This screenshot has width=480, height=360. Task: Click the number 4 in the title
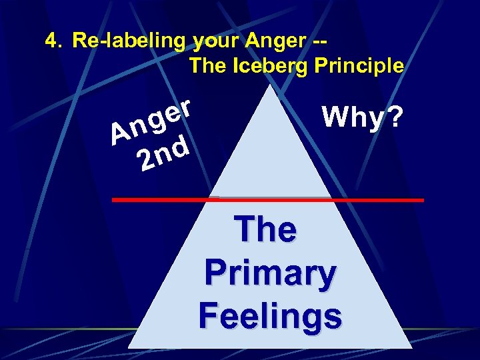tap(51, 41)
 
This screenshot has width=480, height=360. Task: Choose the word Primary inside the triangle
tap(269, 273)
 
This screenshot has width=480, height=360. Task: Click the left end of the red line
tap(113, 199)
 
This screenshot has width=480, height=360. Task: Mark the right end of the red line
tap(422, 199)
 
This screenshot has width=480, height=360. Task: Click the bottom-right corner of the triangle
tap(411, 347)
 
